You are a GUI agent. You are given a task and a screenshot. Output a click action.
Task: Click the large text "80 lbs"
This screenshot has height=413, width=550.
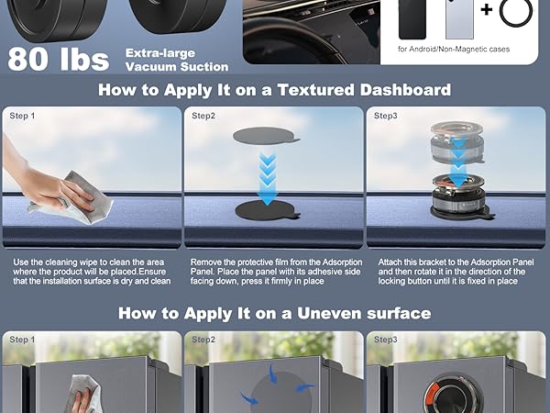click(59, 59)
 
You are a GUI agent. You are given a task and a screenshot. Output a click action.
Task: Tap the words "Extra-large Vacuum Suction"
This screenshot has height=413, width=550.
click(177, 60)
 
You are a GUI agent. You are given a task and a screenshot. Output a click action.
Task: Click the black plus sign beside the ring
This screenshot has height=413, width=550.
click(487, 9)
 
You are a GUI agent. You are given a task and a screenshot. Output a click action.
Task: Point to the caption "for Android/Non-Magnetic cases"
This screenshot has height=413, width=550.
click(454, 50)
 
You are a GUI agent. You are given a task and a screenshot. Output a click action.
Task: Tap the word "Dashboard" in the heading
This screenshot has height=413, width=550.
click(405, 90)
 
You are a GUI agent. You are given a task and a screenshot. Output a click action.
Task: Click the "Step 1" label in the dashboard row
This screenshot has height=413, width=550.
click(22, 116)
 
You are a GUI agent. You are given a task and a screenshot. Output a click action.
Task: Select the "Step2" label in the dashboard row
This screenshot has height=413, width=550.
click(203, 116)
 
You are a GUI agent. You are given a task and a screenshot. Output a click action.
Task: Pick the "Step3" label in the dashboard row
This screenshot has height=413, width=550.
click(386, 116)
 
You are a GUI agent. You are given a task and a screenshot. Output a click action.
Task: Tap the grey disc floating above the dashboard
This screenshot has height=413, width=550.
click(266, 136)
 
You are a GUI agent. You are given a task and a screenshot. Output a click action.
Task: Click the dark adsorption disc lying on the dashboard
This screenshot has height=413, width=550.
click(267, 210)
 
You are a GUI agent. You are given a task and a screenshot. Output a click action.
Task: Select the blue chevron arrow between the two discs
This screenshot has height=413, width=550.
click(268, 177)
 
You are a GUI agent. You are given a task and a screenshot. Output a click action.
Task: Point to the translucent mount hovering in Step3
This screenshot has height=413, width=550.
click(457, 142)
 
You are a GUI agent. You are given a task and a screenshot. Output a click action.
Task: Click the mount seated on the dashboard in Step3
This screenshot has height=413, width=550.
click(457, 196)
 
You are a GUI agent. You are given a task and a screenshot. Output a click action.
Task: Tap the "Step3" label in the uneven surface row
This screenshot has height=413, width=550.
click(386, 340)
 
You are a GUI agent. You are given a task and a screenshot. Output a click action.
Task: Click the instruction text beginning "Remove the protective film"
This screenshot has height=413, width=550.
click(276, 272)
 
